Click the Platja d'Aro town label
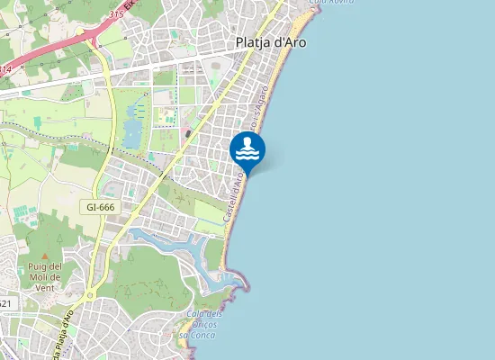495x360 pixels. (271, 41)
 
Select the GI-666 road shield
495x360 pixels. (102, 206)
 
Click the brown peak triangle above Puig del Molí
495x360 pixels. (44, 257)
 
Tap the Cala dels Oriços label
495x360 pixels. (205, 319)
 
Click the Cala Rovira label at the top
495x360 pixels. (328, 3)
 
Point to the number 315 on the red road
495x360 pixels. (115, 15)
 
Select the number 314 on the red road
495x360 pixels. (6, 68)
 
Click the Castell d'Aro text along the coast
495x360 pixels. (234, 199)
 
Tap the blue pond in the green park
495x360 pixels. (133, 124)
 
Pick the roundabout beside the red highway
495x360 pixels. (90, 36)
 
